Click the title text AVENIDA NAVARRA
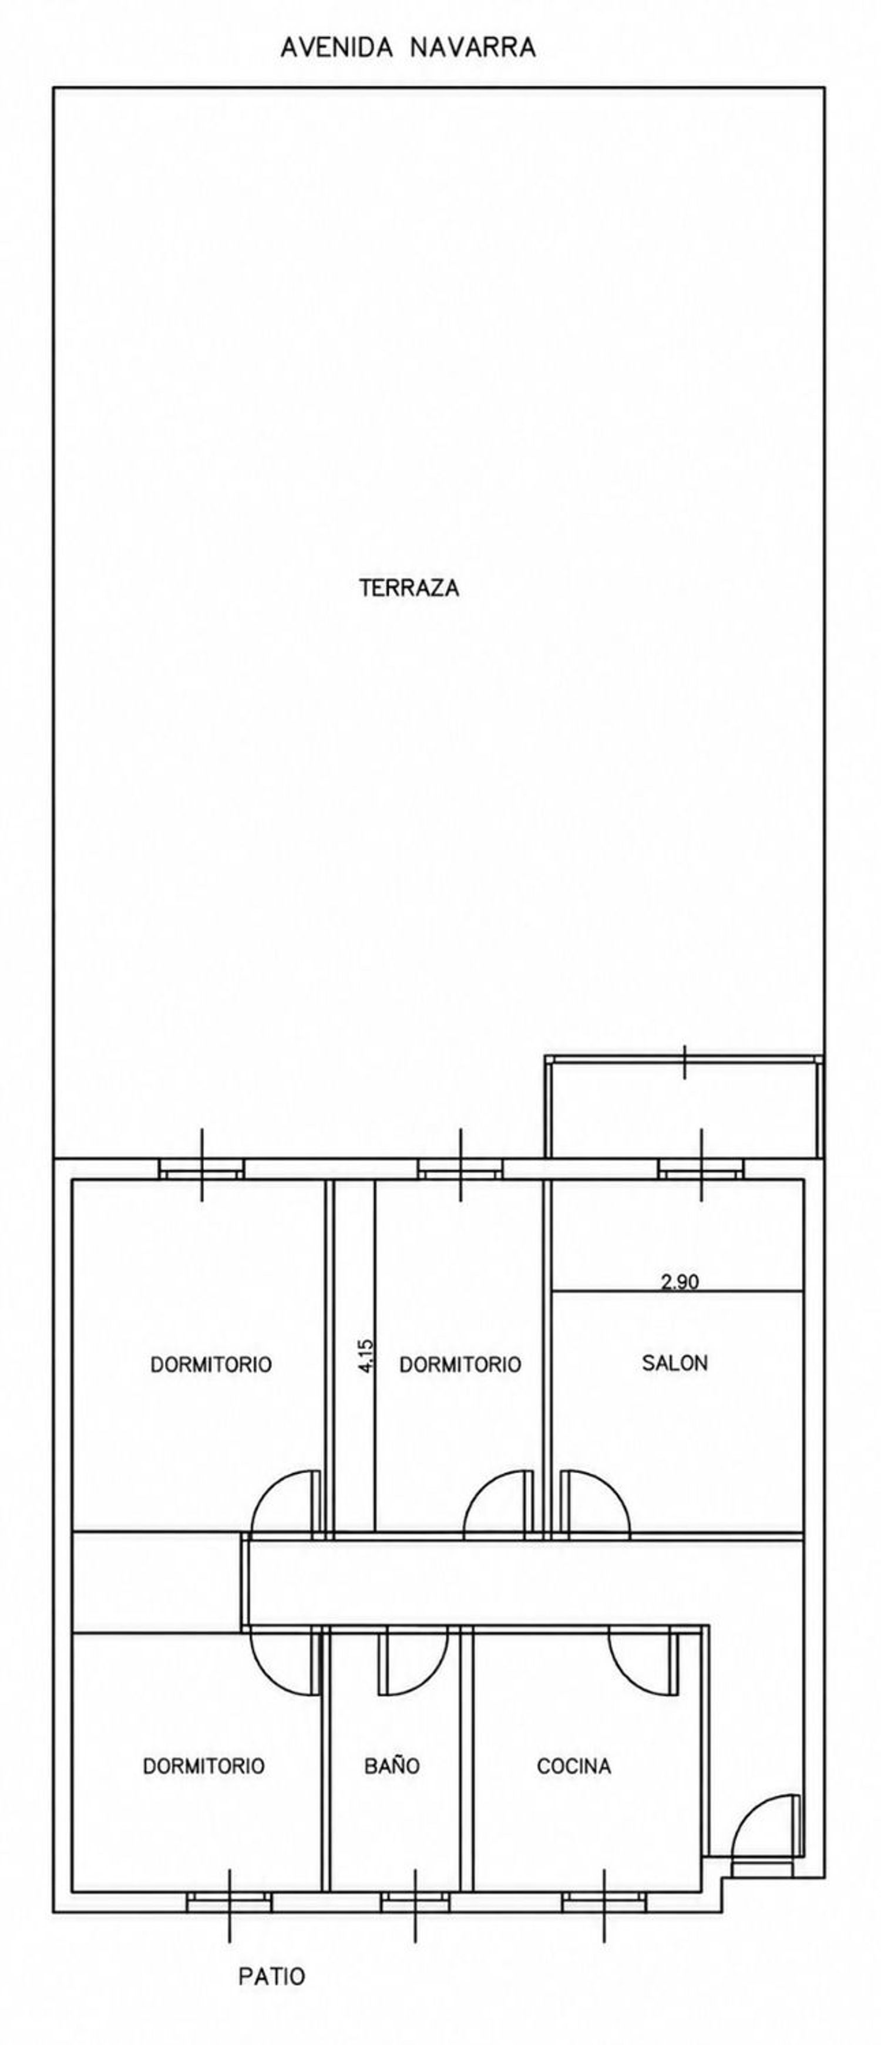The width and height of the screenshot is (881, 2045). pyautogui.click(x=408, y=48)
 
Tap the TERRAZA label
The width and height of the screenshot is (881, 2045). pyautogui.click(x=409, y=588)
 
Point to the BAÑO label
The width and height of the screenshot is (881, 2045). pyautogui.click(x=392, y=1766)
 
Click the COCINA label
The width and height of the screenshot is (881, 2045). pyautogui.click(x=574, y=1766)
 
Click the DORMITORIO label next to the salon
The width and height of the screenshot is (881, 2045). pyautogui.click(x=460, y=1365)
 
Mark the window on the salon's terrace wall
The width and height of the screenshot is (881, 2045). pyautogui.click(x=701, y=1167)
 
